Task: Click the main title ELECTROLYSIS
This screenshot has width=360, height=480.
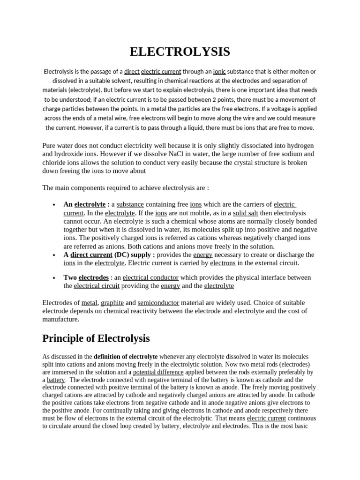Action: pos(180,52)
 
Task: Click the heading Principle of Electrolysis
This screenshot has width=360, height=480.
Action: pos(96,338)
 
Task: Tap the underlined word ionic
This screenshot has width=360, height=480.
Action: pos(219,72)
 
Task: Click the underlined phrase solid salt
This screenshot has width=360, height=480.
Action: pos(246,213)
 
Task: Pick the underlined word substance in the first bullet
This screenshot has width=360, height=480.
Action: pos(130,204)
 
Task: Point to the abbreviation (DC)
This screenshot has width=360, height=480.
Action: pos(123,255)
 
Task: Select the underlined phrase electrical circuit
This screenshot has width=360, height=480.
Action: pos(97,285)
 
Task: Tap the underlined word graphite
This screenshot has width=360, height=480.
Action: pos(112,303)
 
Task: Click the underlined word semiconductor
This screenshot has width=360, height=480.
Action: pos(158,303)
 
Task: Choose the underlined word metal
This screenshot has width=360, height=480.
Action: pos(89,303)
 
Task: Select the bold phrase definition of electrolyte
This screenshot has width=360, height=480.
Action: pos(126,357)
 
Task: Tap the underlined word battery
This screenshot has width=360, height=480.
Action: pos(56,380)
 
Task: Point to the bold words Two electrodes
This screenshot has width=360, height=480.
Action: pos(86,277)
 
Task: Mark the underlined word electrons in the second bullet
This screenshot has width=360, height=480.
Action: pos(223,263)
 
